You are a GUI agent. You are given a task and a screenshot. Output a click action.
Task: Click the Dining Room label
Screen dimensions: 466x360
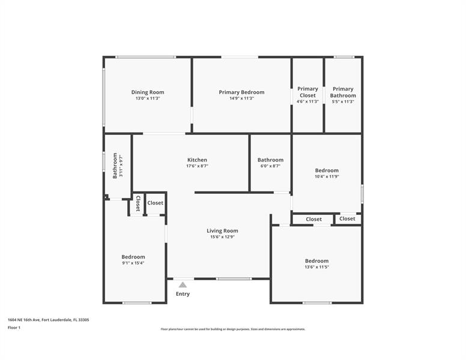148,92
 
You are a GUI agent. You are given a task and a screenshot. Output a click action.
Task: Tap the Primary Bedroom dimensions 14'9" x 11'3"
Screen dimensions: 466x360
241,98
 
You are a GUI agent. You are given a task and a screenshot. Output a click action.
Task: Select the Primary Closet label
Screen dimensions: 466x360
307,92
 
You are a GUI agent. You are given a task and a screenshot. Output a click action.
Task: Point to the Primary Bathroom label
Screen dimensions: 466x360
343,92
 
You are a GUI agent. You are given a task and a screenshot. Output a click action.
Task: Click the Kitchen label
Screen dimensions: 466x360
197,160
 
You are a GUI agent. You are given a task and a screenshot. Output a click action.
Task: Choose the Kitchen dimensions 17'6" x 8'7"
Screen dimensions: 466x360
197,166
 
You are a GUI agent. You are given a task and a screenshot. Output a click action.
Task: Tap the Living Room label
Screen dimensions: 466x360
222,231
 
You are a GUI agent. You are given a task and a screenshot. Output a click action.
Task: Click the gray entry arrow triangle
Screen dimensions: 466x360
183,285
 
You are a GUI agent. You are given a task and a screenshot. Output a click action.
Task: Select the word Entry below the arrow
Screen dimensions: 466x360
183,294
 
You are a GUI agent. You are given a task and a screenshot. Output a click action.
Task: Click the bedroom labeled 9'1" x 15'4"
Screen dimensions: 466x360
133,257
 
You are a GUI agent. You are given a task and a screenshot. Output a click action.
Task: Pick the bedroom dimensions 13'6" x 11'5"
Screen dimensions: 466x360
317,267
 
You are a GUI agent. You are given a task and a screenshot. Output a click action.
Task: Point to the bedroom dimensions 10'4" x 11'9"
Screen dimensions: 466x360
327,176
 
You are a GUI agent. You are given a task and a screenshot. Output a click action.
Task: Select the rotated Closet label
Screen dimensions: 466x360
138,203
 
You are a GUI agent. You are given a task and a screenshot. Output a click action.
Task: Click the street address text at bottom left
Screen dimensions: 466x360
49,320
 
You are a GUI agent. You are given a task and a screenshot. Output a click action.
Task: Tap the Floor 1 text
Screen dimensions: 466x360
14,328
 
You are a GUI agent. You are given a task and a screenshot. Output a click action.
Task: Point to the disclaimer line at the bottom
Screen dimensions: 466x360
233,329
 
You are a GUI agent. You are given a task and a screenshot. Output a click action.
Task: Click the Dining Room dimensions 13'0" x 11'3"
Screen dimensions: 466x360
148,98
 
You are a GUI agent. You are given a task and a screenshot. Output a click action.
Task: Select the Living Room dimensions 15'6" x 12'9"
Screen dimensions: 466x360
222,237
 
